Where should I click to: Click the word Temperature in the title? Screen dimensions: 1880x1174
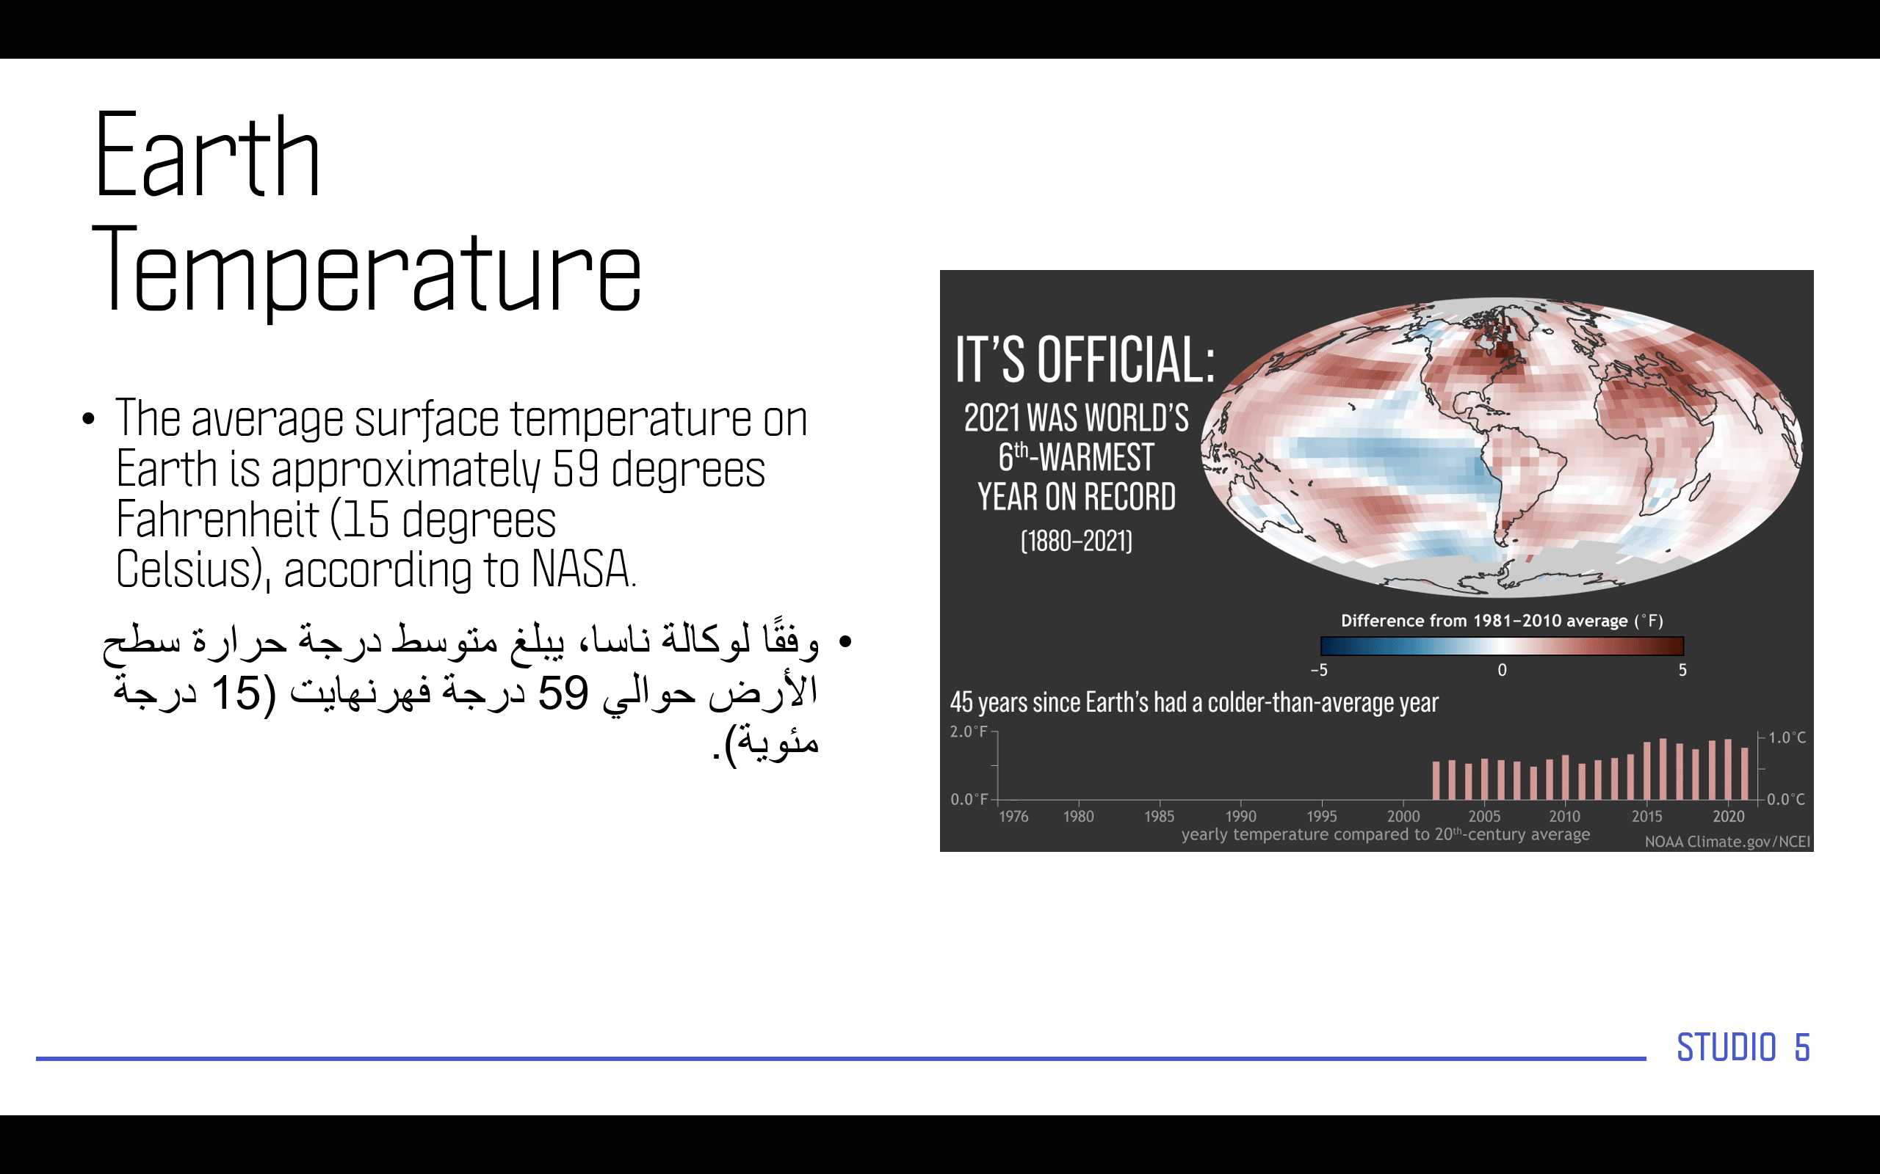coord(367,271)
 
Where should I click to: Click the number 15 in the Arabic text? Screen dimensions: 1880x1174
coord(236,693)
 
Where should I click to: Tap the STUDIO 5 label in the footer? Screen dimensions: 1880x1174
coord(1743,1048)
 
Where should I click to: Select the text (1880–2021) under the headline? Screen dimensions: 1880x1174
coord(1076,542)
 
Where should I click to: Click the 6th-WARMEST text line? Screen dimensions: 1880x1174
coord(1076,457)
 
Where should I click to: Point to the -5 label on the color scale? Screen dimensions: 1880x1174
coord(1319,670)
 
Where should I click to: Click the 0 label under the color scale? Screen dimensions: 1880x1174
coord(1503,670)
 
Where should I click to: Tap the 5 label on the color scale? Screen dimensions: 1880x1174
coord(1682,670)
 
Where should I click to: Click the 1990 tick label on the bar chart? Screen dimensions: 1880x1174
coord(1240,816)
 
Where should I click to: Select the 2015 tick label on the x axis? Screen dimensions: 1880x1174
coord(1647,816)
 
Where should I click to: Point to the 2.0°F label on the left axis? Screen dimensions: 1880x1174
coord(969,732)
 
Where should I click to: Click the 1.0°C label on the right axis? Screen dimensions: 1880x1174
coord(1787,737)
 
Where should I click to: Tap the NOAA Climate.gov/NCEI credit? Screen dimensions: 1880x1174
coord(1728,842)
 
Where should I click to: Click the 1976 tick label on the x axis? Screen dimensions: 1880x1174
coord(1013,816)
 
